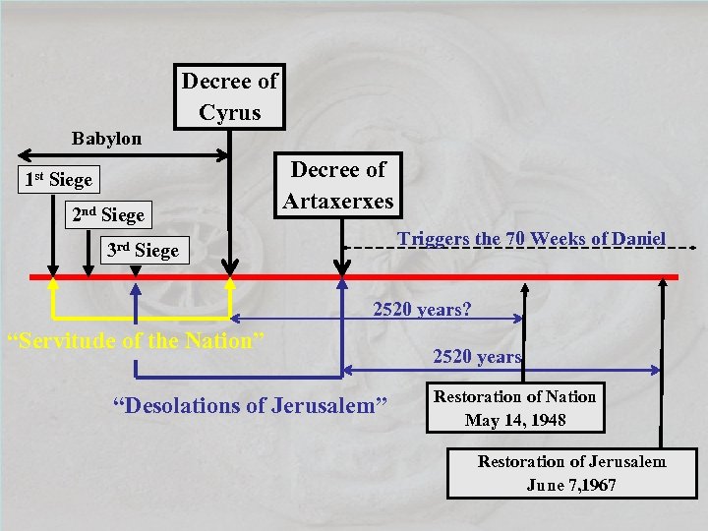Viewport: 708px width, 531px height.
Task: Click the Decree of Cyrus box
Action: pos(229,96)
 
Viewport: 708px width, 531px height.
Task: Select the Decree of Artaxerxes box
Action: pos(337,185)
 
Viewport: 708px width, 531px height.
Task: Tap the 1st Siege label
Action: pos(58,180)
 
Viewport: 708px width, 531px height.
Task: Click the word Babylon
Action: pos(106,139)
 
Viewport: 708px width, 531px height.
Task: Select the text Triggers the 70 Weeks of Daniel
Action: pos(531,238)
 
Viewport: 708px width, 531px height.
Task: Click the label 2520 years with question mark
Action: pos(422,309)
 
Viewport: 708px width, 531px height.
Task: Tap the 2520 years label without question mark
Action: pos(477,356)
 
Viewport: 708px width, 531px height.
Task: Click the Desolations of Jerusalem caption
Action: pos(250,404)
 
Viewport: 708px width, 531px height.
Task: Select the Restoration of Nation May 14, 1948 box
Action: pos(515,408)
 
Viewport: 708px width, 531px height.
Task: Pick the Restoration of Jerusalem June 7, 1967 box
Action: pos(571,473)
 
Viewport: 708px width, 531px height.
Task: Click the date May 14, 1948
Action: pos(515,420)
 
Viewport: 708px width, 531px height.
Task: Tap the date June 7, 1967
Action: pos(571,485)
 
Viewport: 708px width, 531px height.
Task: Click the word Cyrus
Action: pos(229,112)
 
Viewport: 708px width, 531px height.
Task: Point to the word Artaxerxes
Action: pos(337,202)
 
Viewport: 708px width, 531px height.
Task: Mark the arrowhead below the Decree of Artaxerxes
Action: pos(342,266)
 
